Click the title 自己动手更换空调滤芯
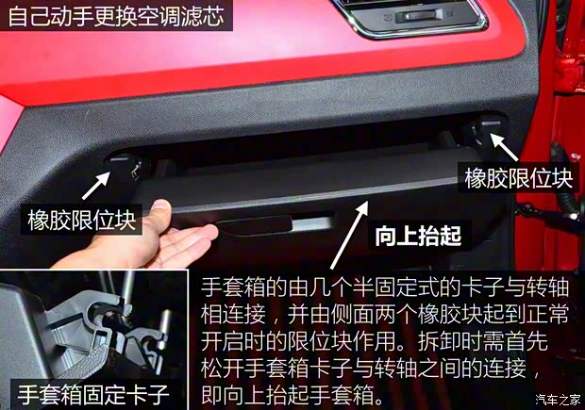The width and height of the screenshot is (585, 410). click(x=113, y=16)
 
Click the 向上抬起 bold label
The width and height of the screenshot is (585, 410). click(x=418, y=236)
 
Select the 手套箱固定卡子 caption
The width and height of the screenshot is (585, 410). click(x=89, y=392)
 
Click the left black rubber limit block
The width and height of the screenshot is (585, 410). click(x=126, y=167)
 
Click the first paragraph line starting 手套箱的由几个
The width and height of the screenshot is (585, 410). click(x=378, y=286)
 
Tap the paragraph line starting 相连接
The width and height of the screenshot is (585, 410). click(x=378, y=313)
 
